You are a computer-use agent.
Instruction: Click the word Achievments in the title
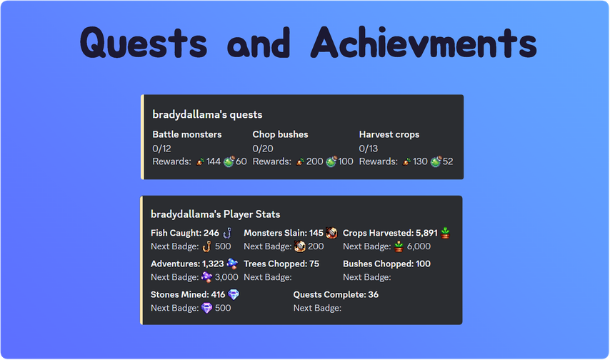[x=424, y=42]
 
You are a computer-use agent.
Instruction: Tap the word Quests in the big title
[x=144, y=43]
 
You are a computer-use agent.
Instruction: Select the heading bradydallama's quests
[x=207, y=114]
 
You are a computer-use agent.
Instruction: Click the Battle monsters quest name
[x=187, y=134]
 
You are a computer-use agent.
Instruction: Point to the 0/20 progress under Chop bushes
[x=263, y=149]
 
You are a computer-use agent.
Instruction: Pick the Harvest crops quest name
[x=389, y=134]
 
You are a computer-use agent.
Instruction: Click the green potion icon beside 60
[x=229, y=161]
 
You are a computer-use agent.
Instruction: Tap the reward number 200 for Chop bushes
[x=314, y=161]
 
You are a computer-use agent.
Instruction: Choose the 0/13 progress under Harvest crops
[x=369, y=149]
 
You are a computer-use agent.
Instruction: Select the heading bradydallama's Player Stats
[x=216, y=214]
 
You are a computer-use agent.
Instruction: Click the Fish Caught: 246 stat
[x=185, y=233]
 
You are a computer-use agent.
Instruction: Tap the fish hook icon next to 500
[x=207, y=246]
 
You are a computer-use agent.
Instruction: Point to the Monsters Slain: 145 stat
[x=284, y=233]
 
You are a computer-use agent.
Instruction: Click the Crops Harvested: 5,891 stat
[x=390, y=233]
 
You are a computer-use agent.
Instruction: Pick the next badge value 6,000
[x=419, y=246]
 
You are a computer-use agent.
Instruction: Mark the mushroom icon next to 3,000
[x=207, y=277]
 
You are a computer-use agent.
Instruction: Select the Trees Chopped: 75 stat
[x=281, y=264]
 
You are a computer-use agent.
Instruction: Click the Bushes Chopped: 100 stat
[x=386, y=264]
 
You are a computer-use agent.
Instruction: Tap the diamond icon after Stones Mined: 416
[x=234, y=294]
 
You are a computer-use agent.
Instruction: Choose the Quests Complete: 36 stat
[x=336, y=294]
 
